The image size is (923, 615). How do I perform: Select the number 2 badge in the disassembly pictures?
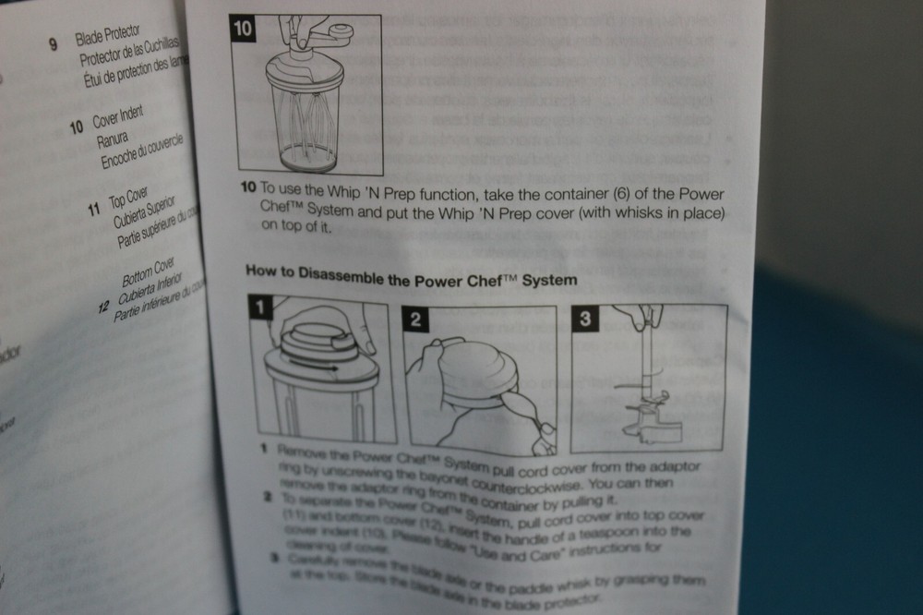(x=416, y=320)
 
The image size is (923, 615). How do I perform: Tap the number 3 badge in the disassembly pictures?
(x=584, y=320)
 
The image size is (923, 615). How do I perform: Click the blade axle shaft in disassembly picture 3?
(x=652, y=369)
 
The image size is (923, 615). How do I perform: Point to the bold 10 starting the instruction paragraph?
(x=247, y=187)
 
